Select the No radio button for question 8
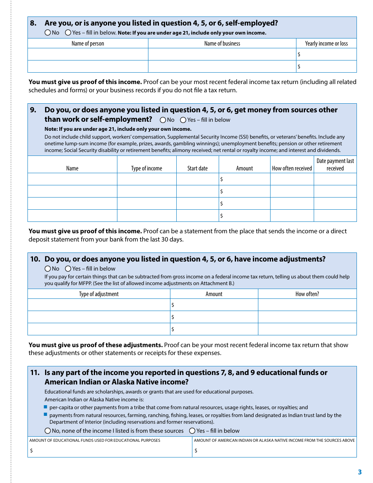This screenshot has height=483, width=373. click(48, 33)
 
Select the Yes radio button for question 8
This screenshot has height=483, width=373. click(68, 33)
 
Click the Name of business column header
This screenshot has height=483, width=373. click(222, 44)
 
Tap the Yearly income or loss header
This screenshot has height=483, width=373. click(326, 44)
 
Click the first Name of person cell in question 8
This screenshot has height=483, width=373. click(88, 54)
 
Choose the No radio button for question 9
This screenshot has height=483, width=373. click(163, 120)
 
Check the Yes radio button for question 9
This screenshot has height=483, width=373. click(183, 120)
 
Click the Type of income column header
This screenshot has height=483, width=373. click(146, 168)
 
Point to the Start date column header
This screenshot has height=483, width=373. click(197, 168)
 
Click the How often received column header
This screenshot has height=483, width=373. click(292, 168)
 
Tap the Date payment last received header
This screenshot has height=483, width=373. click(335, 165)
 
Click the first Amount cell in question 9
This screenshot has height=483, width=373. click(245, 179)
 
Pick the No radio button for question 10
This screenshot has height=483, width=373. click(48, 269)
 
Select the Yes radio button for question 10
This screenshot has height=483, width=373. click(68, 269)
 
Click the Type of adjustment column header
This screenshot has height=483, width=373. click(99, 294)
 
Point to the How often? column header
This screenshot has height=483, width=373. click(307, 294)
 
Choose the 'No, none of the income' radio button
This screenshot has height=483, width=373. click(48, 431)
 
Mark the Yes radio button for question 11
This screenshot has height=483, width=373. click(192, 431)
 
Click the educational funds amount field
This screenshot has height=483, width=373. click(110, 451)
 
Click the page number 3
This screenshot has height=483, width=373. click(360, 472)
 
